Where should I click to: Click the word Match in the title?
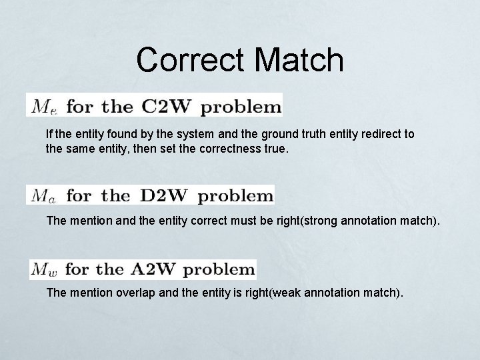point(301,59)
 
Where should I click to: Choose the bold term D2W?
point(164,196)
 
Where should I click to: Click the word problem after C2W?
point(241,106)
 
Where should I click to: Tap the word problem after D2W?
point(236,196)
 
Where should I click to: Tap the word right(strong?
point(277,219)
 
